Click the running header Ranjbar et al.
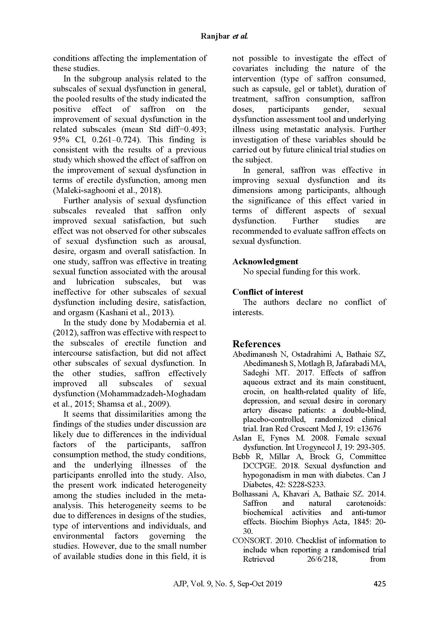pos(224,37)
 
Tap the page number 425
pos(379,583)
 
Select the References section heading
pos(256,344)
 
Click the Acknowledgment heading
pos(265,261)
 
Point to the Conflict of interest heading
pos(268,292)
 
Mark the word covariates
pos(250,68)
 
